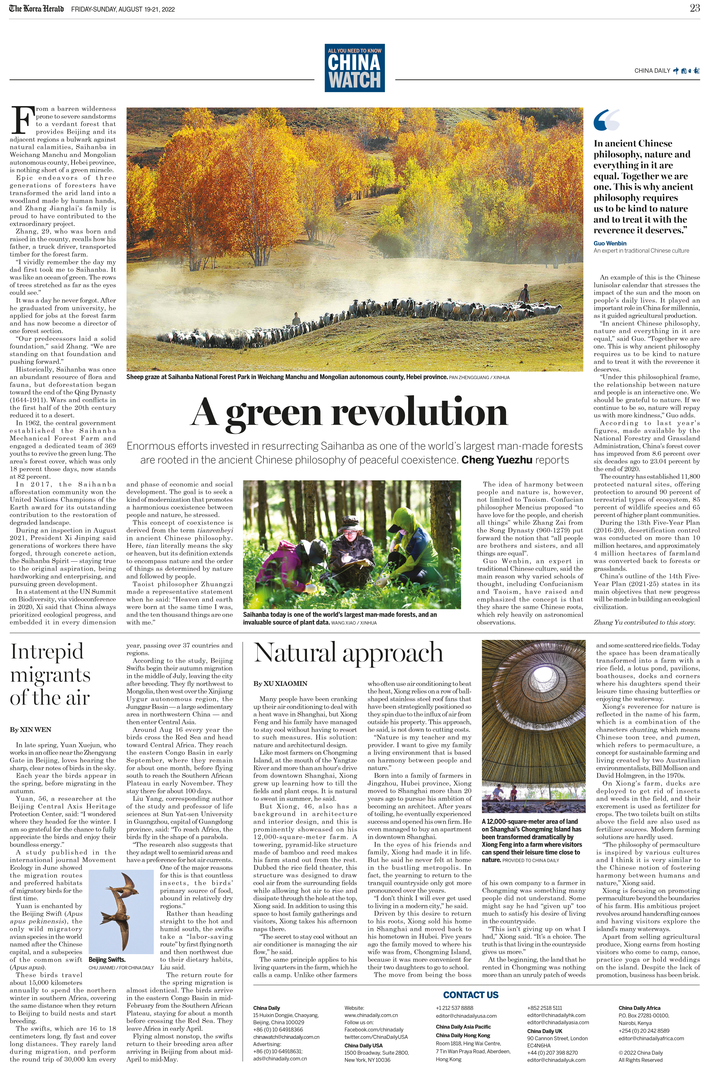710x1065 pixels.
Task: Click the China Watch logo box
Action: (x=355, y=68)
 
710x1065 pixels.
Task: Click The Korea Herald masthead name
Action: (x=36, y=9)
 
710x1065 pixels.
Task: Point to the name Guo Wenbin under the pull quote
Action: (x=610, y=243)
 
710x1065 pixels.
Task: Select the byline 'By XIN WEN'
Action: (x=30, y=729)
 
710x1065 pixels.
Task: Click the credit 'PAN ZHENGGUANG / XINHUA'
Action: (x=479, y=377)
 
